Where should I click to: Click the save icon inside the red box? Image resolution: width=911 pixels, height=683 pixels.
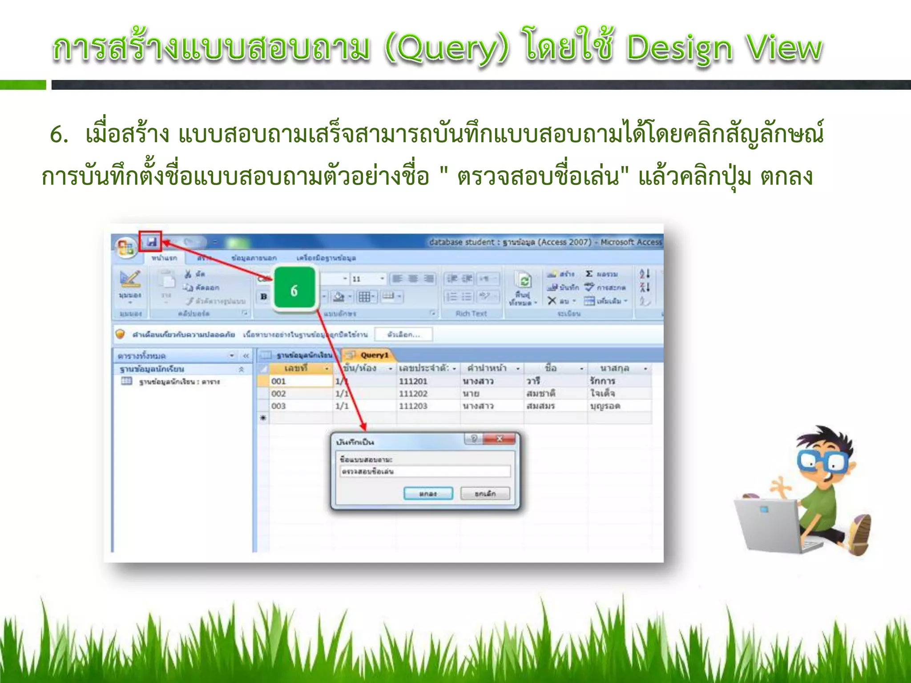151,241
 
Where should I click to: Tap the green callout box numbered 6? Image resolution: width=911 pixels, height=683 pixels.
294,290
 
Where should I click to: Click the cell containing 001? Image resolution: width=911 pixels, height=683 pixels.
300,381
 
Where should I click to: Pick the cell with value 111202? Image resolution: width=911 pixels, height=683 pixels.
413,394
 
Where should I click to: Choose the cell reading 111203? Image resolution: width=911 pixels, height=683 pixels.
413,406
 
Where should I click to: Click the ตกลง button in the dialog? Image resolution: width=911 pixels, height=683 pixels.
428,494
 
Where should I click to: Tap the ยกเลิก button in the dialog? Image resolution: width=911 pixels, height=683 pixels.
485,494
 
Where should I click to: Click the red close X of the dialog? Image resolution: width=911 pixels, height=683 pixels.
500,439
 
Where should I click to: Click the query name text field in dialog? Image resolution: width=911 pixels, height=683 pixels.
425,471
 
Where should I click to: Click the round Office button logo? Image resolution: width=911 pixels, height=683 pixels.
125,247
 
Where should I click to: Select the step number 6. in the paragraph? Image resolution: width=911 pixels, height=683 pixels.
59,134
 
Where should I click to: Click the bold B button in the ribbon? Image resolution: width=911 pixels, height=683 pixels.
264,297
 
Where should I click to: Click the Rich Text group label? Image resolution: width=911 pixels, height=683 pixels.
471,313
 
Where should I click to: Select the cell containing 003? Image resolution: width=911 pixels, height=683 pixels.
300,406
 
